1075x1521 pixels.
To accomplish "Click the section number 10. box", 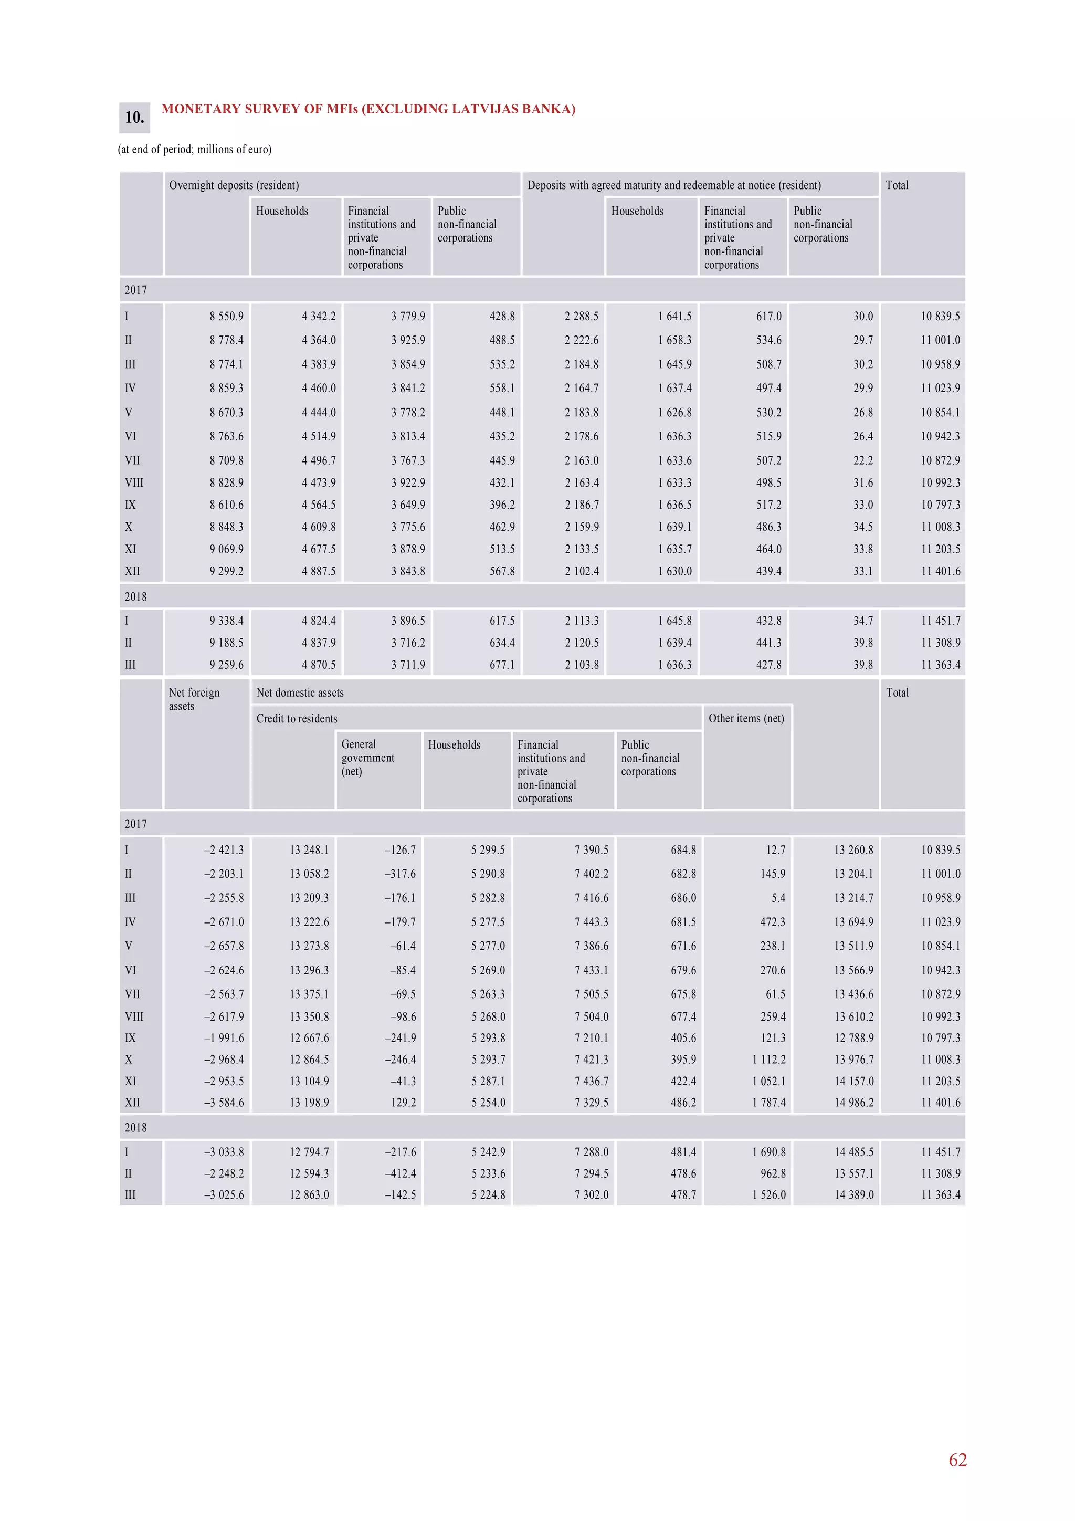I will click(134, 117).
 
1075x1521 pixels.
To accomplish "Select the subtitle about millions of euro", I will click(195, 149).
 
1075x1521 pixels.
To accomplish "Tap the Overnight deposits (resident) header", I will click(234, 185).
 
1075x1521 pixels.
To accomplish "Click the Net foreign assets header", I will click(194, 699).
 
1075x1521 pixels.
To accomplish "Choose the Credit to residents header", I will click(297, 718).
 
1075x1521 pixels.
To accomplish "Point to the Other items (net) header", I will click(746, 718).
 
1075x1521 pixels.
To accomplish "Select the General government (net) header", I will click(367, 757).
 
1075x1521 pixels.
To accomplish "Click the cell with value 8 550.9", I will click(227, 316).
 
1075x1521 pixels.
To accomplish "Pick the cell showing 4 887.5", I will click(319, 571).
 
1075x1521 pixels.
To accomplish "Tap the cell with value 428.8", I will click(502, 316).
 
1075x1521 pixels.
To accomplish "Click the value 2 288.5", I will click(581, 316).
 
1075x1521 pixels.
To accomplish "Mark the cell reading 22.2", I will click(862, 460).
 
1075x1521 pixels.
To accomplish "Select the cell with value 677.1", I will click(502, 665).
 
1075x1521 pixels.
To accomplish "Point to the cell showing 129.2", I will click(403, 1103).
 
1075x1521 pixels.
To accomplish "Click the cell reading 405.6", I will click(683, 1038).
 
